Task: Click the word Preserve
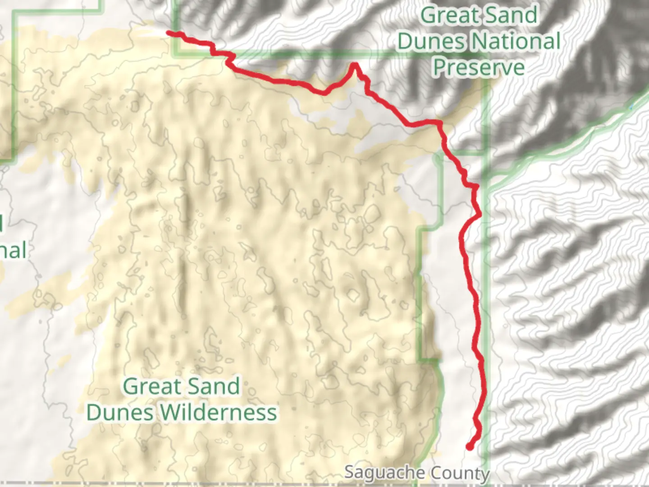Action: click(x=479, y=67)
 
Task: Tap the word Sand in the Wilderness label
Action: click(x=214, y=386)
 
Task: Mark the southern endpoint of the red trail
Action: click(x=469, y=447)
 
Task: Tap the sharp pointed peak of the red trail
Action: click(x=355, y=64)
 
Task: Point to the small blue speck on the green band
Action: click(x=631, y=107)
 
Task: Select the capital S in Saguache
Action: click(x=349, y=472)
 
